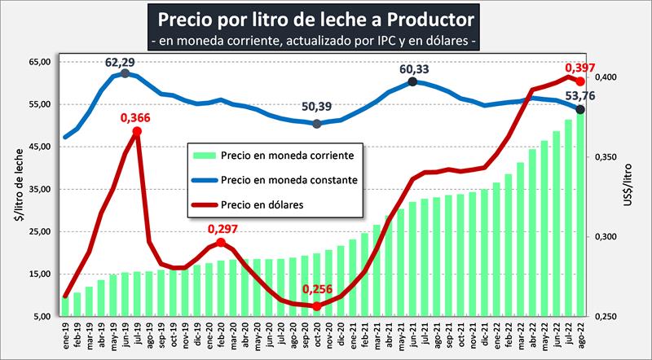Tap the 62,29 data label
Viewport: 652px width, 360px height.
pos(125,62)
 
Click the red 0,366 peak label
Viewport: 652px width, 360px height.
pos(136,118)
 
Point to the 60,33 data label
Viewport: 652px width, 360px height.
pos(412,68)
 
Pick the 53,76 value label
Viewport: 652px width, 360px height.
pos(580,96)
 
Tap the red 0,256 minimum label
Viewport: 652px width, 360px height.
pos(316,289)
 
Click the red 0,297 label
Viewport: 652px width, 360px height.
pos(222,229)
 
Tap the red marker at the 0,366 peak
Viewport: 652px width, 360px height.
pos(137,131)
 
